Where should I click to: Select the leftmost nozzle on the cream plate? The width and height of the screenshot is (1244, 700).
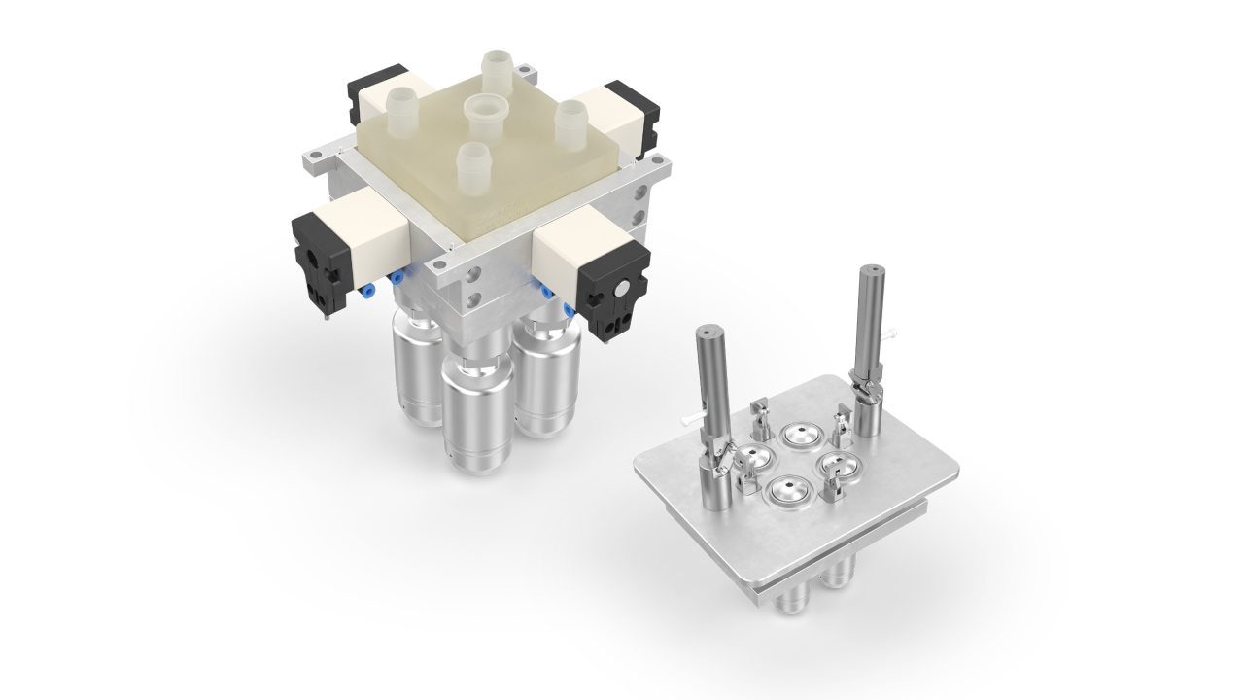[400, 102]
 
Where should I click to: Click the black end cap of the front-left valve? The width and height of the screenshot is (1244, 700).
[317, 259]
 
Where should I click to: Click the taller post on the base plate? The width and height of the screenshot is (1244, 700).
[869, 340]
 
